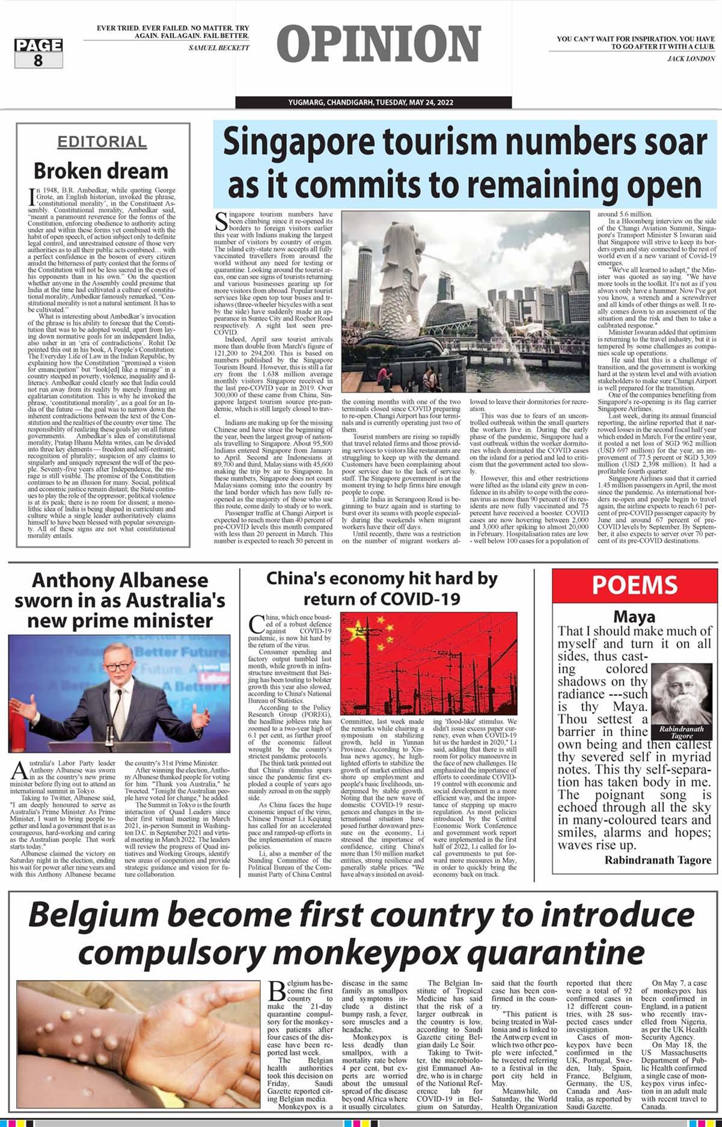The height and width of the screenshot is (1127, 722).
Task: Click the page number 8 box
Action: click(x=38, y=53)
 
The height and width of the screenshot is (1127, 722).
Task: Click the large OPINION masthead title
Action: click(x=379, y=45)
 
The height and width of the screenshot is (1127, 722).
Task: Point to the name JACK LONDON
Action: click(x=691, y=58)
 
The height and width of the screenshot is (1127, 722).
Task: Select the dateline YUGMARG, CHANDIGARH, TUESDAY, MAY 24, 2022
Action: click(x=378, y=102)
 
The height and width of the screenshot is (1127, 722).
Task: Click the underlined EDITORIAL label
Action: click(x=102, y=142)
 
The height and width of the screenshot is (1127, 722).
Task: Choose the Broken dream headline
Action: click(x=101, y=171)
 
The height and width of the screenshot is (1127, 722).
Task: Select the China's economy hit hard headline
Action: click(x=382, y=589)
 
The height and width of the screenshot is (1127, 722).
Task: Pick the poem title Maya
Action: click(x=634, y=616)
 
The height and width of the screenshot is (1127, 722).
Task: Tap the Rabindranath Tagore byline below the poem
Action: click(x=658, y=860)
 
